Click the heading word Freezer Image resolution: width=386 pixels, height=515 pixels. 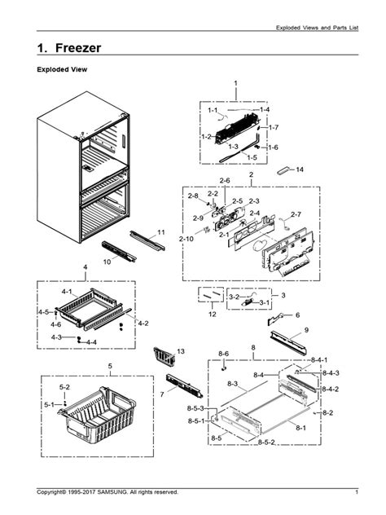(x=78, y=48)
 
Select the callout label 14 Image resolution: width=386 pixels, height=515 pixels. (x=300, y=169)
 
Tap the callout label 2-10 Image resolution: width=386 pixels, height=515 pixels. (x=186, y=239)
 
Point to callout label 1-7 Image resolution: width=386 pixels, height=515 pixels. (x=274, y=127)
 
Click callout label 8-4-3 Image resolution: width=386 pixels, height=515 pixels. (x=331, y=372)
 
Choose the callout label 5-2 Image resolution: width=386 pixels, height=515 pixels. (x=64, y=387)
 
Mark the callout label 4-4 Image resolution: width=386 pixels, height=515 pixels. (x=91, y=342)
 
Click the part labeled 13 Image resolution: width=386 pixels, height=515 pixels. (x=164, y=357)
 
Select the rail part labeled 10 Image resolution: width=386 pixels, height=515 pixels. (x=119, y=251)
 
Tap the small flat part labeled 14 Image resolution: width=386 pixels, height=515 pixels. (x=284, y=170)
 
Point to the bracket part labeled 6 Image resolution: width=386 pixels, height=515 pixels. (x=274, y=319)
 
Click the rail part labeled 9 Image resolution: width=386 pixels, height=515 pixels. (x=288, y=342)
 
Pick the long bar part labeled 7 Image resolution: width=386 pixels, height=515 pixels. (x=184, y=385)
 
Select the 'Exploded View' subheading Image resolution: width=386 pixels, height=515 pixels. (x=62, y=69)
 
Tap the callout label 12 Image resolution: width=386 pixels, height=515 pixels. (x=213, y=314)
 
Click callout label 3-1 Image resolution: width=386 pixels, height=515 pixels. (x=265, y=302)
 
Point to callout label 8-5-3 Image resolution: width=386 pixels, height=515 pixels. (x=195, y=408)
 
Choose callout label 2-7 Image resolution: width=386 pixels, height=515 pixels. (x=296, y=214)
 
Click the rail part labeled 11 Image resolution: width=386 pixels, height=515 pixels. (x=147, y=240)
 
